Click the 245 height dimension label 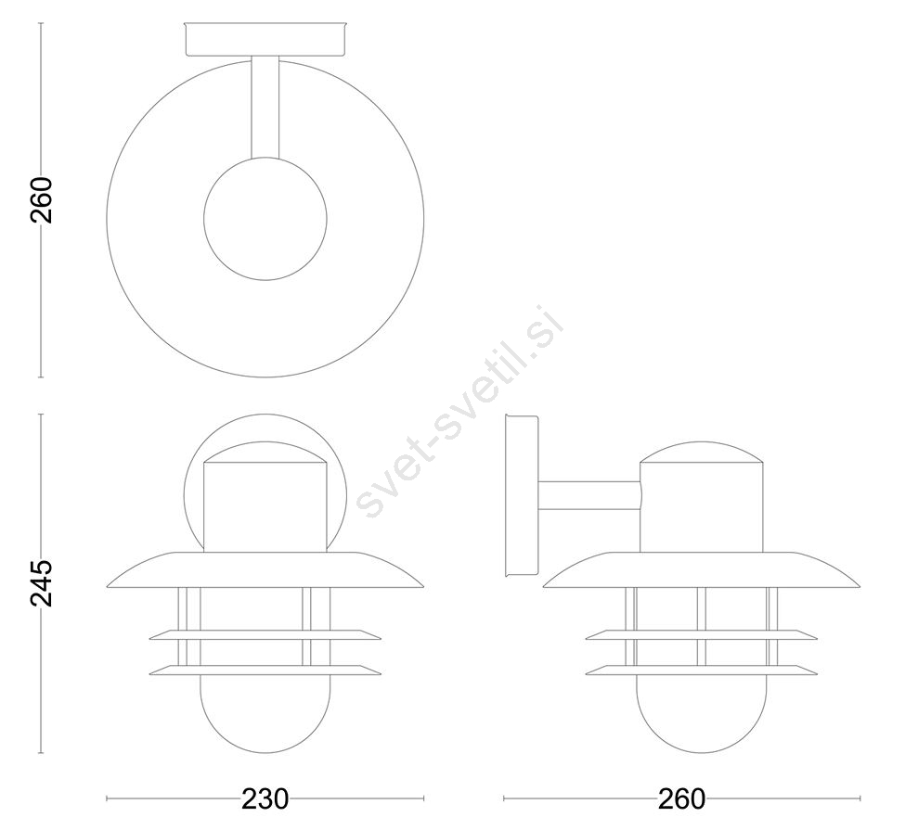tap(41, 582)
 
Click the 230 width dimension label tap(265, 798)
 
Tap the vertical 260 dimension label tap(42, 199)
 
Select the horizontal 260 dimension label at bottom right tap(682, 798)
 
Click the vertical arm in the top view tap(265, 108)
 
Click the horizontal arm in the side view tap(590, 494)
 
